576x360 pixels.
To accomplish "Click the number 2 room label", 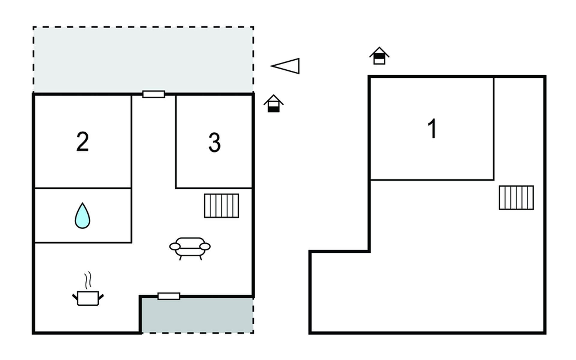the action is [x=82, y=142].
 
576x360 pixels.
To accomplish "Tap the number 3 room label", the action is [x=214, y=142].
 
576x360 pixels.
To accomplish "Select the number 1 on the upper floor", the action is [x=432, y=129].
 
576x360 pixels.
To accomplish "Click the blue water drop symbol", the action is [x=82, y=216].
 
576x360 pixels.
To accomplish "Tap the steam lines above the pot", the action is [x=88, y=280].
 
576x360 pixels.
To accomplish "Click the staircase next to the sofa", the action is [x=222, y=206].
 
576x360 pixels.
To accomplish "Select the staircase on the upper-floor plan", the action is [x=516, y=198].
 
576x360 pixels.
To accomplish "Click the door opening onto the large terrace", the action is [x=154, y=94].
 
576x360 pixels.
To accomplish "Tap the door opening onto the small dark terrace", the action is [x=169, y=296].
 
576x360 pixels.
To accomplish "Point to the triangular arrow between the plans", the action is [x=285, y=66].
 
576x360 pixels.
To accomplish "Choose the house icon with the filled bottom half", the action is [x=274, y=103].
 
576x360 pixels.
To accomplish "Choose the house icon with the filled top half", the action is [x=379, y=56].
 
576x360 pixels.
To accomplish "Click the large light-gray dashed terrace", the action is [x=143, y=59].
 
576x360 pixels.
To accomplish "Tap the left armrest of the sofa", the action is [x=175, y=247].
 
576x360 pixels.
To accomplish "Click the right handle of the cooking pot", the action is [x=101, y=297].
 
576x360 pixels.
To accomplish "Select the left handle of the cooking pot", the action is [x=75, y=297].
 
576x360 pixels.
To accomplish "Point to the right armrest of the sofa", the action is [x=205, y=247].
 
